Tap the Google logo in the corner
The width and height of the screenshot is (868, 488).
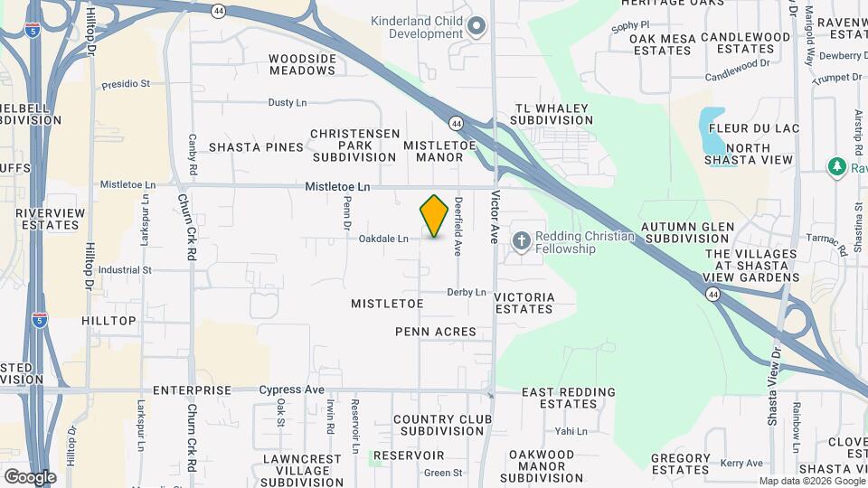(30, 476)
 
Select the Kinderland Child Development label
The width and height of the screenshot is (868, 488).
(426, 27)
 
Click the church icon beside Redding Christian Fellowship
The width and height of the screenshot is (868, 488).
(521, 240)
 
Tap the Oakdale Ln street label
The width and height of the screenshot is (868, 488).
(383, 239)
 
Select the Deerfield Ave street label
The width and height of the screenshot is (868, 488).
(459, 226)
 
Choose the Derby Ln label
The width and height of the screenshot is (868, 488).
(467, 292)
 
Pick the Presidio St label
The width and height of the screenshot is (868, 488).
(126, 83)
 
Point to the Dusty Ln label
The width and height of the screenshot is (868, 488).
(288, 103)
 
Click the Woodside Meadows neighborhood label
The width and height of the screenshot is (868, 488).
(302, 64)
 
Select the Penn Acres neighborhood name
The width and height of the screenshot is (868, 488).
(436, 332)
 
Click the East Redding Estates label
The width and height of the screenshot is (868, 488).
(569, 399)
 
